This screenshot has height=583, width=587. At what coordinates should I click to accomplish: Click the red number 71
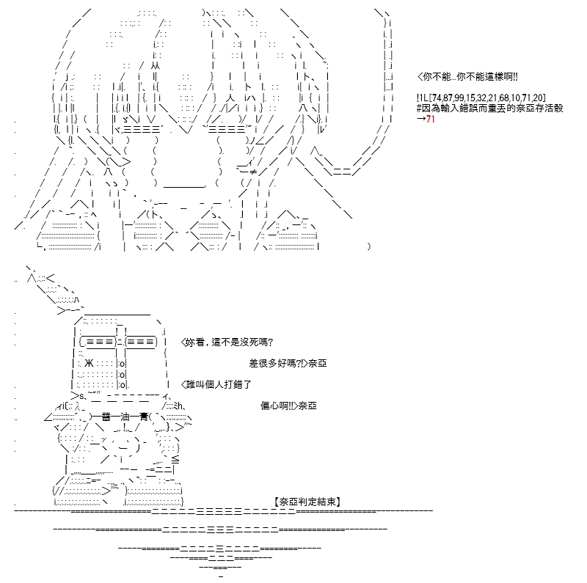coord(430,119)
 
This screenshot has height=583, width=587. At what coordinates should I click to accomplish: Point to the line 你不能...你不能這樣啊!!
coord(467,77)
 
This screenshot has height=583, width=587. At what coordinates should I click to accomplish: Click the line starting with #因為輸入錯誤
coord(489,109)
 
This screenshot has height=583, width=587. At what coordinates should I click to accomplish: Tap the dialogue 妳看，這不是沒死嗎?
coord(227,342)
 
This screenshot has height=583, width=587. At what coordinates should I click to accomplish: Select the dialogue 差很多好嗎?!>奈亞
coord(288,363)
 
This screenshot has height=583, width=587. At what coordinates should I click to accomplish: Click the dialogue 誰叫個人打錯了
coord(216,385)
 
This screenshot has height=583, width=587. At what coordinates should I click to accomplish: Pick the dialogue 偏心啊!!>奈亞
coord(288,406)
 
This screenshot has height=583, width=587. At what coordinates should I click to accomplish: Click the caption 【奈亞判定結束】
coord(307,502)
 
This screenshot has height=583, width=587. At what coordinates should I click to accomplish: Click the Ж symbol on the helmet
coord(89,363)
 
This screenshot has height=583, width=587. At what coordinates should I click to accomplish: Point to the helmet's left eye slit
coord(100,342)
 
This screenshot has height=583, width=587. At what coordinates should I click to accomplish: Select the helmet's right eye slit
coord(140,342)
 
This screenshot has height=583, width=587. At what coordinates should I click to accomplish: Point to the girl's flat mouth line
coord(185,186)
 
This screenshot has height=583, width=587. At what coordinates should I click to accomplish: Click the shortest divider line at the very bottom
coord(221,576)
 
